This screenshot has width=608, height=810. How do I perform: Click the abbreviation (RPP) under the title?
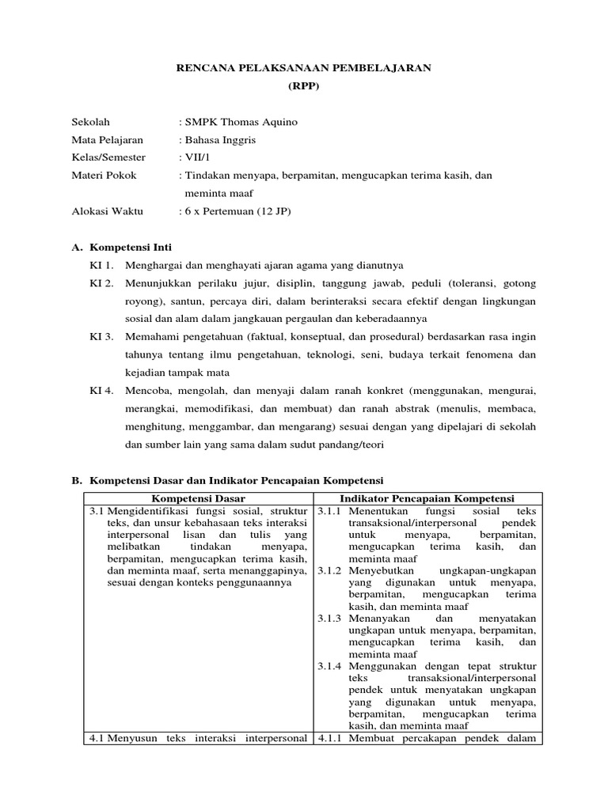click(x=303, y=87)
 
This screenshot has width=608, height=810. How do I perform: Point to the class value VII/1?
click(x=196, y=157)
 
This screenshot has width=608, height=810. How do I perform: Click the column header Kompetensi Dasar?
click(x=198, y=498)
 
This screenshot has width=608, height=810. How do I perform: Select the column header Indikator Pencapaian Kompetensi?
click(x=427, y=498)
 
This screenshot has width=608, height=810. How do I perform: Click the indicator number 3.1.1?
click(x=330, y=512)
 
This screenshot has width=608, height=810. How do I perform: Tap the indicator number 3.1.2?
click(x=330, y=570)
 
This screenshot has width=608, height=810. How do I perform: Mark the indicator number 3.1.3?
click(x=330, y=618)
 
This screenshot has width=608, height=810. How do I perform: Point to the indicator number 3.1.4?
click(x=330, y=666)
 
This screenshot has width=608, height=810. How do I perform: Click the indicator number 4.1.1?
click(x=330, y=739)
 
